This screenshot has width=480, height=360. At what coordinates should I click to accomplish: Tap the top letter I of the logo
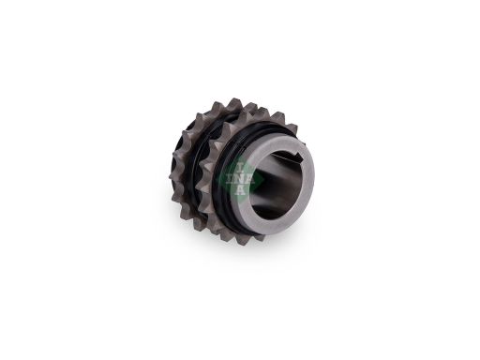(x=240, y=169)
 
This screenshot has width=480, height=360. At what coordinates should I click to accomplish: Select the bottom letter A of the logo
(x=240, y=189)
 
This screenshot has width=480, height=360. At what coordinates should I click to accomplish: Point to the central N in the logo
(x=240, y=179)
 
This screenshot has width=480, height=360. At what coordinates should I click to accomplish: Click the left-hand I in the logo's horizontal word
(x=230, y=179)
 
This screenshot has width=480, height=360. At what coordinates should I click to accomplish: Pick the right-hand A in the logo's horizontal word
(x=250, y=180)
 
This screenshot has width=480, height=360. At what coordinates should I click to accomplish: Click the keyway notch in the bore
(x=295, y=156)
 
